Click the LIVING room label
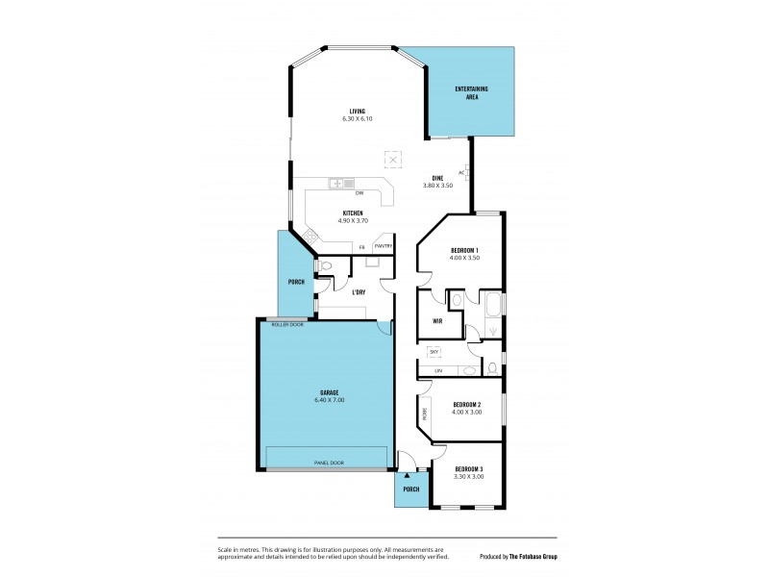[x=357, y=112]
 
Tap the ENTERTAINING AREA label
[x=471, y=92]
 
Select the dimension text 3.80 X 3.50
[x=437, y=185]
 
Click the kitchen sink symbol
[x=341, y=183]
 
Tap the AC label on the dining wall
[x=461, y=172]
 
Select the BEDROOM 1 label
[x=464, y=251]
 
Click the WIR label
[x=437, y=321]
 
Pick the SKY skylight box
[x=434, y=352]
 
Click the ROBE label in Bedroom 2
[x=424, y=414]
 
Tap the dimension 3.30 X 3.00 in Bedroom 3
[x=469, y=476]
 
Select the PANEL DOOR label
[x=329, y=463]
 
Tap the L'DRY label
[x=359, y=291]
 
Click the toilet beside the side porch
[x=327, y=266]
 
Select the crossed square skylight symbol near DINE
[x=392, y=159]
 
